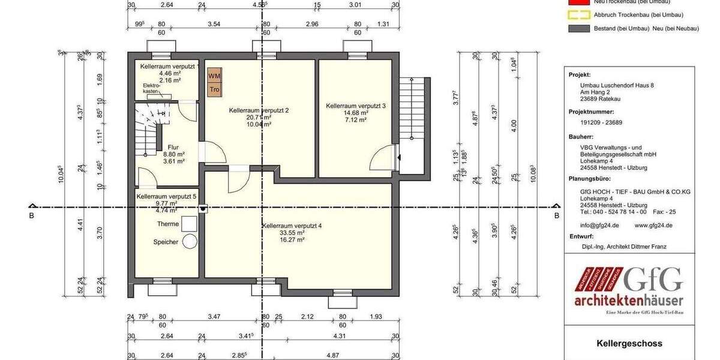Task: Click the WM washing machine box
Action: [x=214, y=76]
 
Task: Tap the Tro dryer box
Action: [x=214, y=89]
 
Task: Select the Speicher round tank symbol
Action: [x=191, y=241]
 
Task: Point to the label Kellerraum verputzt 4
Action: [x=292, y=226]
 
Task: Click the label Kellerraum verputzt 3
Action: [x=356, y=106]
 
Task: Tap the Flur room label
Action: [x=173, y=147]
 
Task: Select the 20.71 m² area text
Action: [x=259, y=118]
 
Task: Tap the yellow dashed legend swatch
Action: [x=577, y=15]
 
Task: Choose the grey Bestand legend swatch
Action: [x=577, y=28]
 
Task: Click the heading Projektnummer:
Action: [x=591, y=112]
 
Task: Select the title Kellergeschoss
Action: [x=629, y=344]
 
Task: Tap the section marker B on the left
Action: [x=31, y=216]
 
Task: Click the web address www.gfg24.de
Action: [x=653, y=225]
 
